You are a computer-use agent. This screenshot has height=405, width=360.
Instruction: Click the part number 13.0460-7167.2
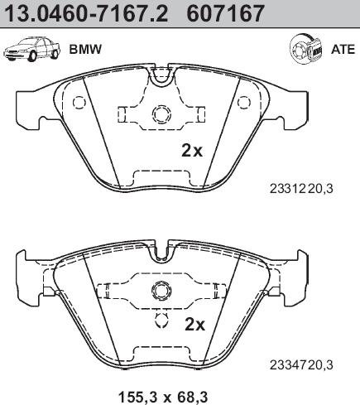(x=87, y=13)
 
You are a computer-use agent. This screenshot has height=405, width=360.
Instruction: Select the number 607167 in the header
(x=225, y=13)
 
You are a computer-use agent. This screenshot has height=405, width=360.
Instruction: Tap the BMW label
(x=86, y=50)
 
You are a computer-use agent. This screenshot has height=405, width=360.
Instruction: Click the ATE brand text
(x=343, y=50)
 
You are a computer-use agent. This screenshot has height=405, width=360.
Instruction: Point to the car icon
(x=31, y=50)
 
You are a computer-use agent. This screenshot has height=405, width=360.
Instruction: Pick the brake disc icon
(x=307, y=50)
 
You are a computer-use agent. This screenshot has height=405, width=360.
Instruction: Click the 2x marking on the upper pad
(x=192, y=151)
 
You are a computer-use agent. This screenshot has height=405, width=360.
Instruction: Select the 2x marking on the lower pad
(x=195, y=324)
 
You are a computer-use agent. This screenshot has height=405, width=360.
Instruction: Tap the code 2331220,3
(x=301, y=189)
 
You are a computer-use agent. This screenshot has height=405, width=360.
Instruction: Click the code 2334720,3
(x=301, y=365)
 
